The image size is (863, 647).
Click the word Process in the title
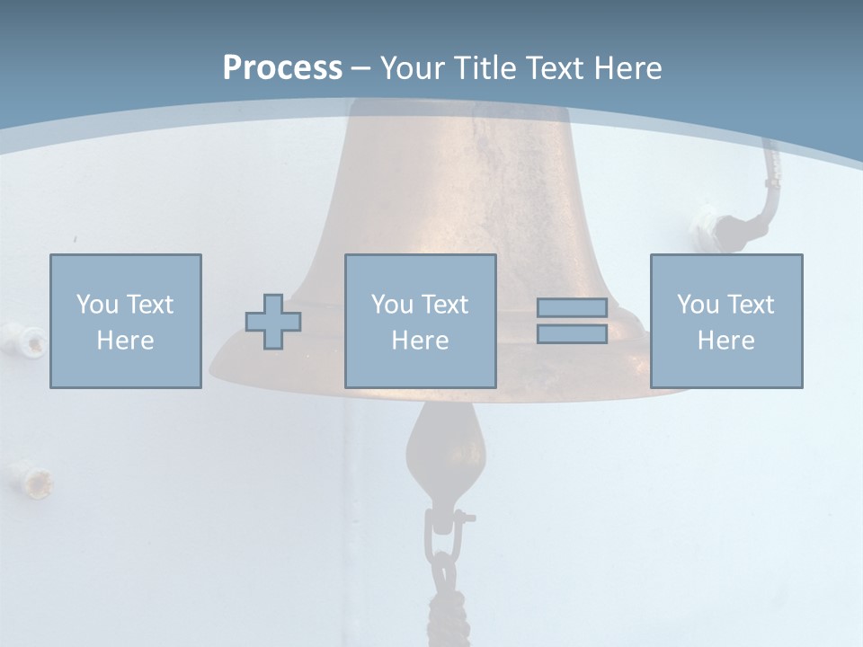pos(282,68)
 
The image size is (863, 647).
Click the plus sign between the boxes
pos(273,322)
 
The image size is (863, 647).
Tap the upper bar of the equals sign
pos(572,307)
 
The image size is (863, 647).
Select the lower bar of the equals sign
pos(572,333)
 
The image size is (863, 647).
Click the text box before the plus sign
pos(126,321)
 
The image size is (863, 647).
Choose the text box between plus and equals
pos(420,321)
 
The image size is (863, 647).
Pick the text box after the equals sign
pos(726,321)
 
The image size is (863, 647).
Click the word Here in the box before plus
pos(126,341)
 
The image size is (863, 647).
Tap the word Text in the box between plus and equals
pos(446,305)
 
